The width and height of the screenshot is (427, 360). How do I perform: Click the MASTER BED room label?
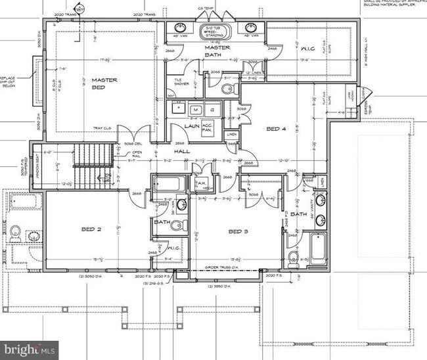click(104, 83)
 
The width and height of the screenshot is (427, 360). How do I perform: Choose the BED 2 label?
click(90, 229)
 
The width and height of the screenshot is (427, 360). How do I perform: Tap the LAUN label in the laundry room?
click(192, 125)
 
